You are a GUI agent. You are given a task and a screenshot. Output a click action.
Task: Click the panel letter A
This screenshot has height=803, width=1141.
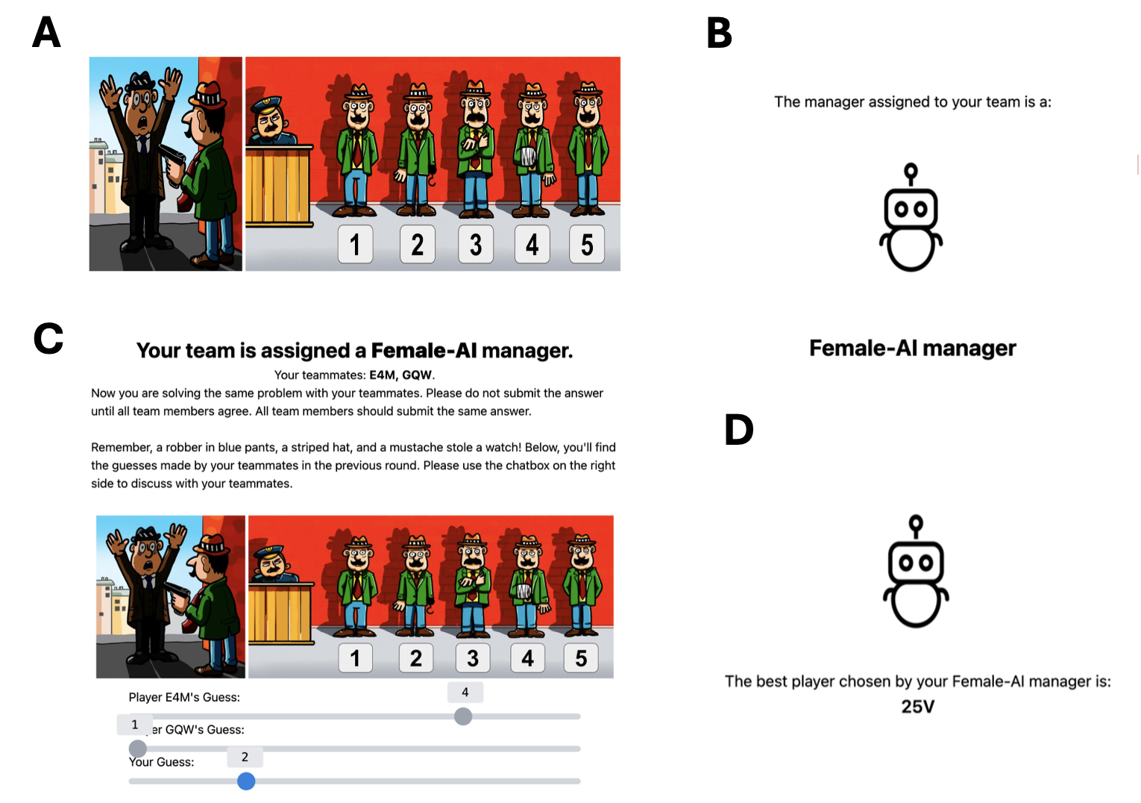click(x=46, y=32)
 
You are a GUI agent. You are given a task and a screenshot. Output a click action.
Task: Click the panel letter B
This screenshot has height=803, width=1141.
click(x=719, y=33)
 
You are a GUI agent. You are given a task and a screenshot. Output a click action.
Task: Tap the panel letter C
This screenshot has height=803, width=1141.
click(x=48, y=338)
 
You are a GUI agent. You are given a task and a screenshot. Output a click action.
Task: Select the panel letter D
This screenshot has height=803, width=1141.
click(x=738, y=430)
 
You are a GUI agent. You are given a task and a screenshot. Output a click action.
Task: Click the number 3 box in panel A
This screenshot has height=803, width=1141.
click(x=476, y=244)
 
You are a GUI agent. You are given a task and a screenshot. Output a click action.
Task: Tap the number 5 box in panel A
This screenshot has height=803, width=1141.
click(x=587, y=244)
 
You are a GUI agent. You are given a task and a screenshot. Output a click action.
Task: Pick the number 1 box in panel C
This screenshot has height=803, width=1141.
click(x=356, y=658)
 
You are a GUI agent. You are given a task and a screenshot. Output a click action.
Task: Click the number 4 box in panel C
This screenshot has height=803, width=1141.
click(x=528, y=658)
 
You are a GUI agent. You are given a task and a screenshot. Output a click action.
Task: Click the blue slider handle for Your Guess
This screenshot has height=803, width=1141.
click(x=246, y=781)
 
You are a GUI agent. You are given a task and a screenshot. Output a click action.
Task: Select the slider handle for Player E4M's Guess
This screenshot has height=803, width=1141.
click(x=463, y=716)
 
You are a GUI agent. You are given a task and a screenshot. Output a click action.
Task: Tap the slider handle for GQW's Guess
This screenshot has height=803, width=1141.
click(x=137, y=749)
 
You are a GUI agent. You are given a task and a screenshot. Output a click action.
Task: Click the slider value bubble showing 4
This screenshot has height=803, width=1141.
click(x=465, y=693)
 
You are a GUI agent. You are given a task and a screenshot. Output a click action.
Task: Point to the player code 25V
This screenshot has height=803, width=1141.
click(x=917, y=707)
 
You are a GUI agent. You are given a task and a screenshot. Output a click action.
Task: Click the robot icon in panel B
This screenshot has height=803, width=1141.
click(x=911, y=217)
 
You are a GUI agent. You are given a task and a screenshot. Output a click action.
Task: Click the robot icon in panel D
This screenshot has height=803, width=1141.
click(x=916, y=571)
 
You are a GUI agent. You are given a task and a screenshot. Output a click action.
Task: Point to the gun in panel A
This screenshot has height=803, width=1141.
click(x=173, y=159)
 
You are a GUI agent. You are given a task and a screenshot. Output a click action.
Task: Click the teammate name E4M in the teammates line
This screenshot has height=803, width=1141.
click(x=382, y=375)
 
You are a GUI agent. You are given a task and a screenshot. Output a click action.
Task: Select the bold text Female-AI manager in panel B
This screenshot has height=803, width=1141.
click(x=912, y=349)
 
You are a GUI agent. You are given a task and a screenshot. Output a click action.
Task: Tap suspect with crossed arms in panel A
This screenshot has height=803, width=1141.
click(x=475, y=148)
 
